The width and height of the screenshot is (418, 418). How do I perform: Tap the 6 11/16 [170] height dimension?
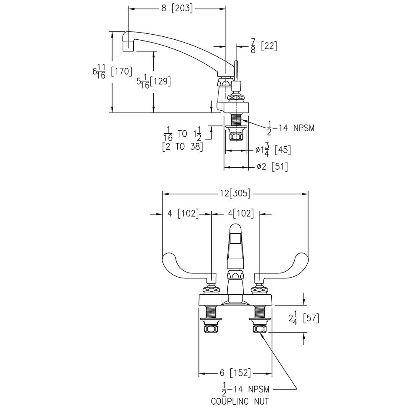pyautogui.click(x=112, y=71)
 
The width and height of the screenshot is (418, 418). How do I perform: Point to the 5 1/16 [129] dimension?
pyautogui.click(x=153, y=82)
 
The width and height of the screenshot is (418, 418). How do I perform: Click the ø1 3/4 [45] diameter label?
pyautogui.click(x=273, y=150)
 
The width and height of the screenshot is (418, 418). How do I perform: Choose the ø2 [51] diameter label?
pyautogui.click(x=272, y=167)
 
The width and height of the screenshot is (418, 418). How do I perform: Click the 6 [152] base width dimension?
pyautogui.click(x=235, y=373)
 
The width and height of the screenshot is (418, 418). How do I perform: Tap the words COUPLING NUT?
pyautogui.click(x=240, y=402)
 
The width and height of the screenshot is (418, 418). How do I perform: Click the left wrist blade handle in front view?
pyautogui.click(x=184, y=268)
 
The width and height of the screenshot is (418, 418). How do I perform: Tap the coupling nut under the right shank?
pyautogui.click(x=259, y=329)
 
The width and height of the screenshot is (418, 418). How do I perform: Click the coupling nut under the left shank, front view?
pyautogui.click(x=211, y=329)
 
